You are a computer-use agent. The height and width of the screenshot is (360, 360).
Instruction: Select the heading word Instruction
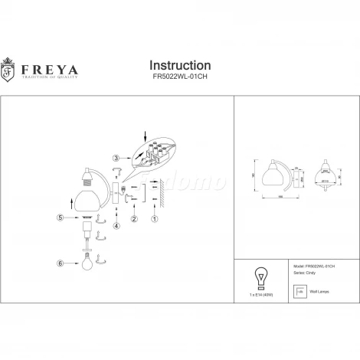(179, 65)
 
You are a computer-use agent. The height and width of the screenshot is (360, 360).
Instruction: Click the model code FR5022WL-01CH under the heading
(179, 77)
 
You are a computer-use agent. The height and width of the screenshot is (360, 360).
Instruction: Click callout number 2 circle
(133, 221)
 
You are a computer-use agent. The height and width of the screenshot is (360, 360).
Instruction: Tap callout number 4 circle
(116, 225)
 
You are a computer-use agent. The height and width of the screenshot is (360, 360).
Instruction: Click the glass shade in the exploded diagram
(88, 200)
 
